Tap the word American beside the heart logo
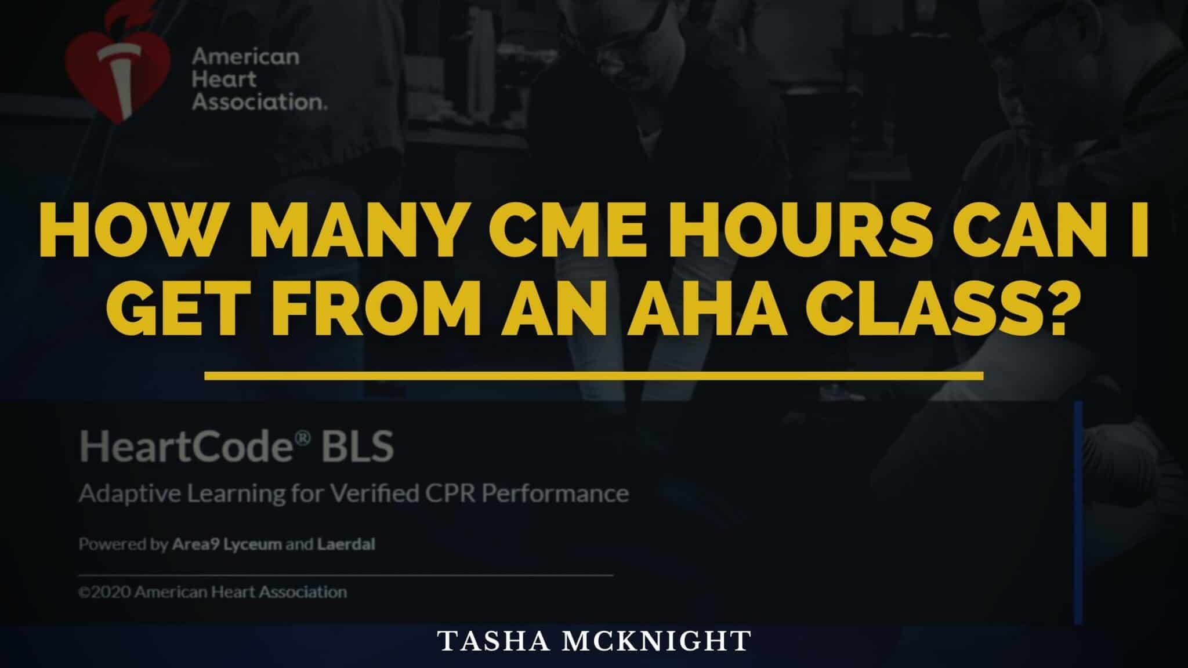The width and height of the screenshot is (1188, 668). [x=245, y=57]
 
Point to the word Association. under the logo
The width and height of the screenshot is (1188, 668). [x=259, y=102]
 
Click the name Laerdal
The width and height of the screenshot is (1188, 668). [x=346, y=544]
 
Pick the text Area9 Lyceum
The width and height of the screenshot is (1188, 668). [x=227, y=546]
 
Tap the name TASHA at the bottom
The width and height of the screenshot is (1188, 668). [x=488, y=641]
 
